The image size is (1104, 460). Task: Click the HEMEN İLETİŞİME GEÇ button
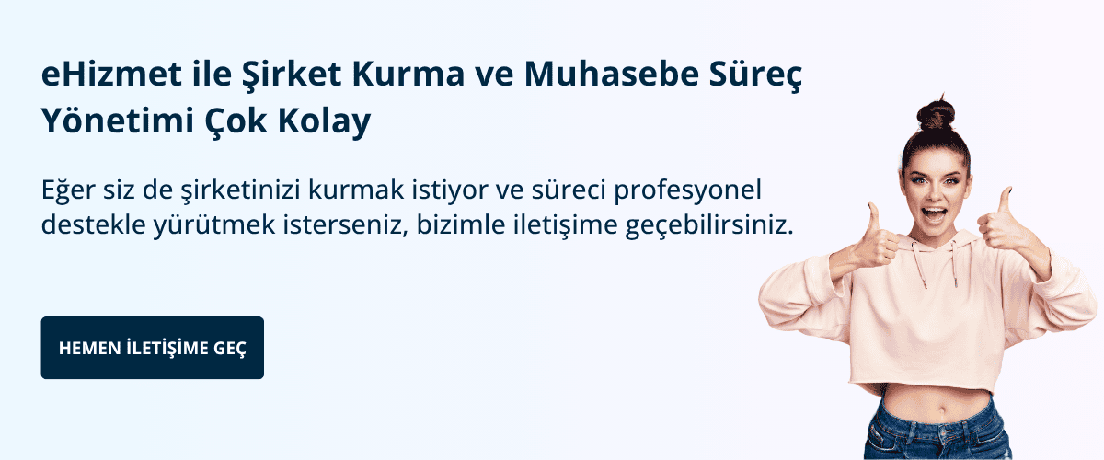coord(152,349)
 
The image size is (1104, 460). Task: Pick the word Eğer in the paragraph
coord(65,190)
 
